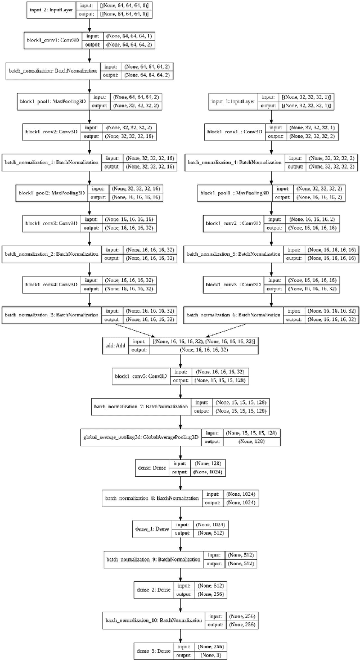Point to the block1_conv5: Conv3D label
[139, 376]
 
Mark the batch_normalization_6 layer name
[233, 315]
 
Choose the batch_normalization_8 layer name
[152, 498]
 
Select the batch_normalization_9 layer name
[153, 559]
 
